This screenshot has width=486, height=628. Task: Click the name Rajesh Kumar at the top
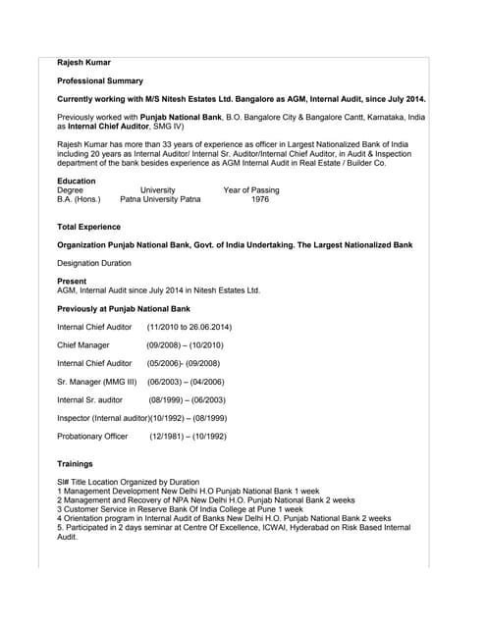(83, 63)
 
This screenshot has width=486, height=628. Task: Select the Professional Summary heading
(100, 81)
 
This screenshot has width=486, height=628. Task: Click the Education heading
(77, 181)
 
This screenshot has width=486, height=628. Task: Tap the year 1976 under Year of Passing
(260, 199)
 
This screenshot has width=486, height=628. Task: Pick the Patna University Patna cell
(160, 199)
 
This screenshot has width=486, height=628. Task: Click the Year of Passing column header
(251, 190)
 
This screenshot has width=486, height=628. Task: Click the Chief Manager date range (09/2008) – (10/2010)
(185, 345)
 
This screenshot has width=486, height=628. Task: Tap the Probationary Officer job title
(92, 436)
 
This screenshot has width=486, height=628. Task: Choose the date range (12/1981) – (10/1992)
(188, 436)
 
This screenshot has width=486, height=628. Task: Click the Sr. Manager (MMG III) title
(96, 382)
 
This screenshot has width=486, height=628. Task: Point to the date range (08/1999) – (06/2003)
(187, 400)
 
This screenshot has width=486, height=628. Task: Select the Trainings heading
(76, 463)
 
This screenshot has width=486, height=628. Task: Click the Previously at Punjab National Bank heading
(124, 309)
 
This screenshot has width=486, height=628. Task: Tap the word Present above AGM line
(72, 282)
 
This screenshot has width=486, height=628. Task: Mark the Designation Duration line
(94, 263)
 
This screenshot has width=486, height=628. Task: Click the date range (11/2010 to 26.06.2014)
(189, 327)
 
